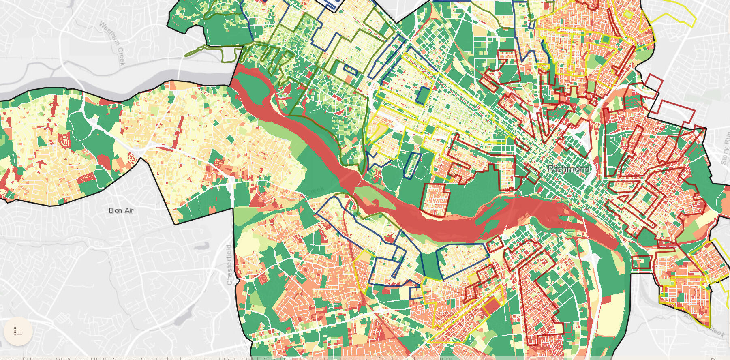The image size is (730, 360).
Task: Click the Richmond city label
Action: point(568,169)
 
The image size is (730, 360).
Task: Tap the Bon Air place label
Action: point(121,210)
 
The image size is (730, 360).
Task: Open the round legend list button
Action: point(18,331)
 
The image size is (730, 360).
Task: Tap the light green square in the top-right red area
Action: point(628,14)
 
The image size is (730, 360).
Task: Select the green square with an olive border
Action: point(606,39)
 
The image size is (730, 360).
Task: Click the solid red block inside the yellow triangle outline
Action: point(492,306)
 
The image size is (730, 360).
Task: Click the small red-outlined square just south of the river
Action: point(495,244)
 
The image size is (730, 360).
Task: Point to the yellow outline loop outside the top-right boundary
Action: point(673,16)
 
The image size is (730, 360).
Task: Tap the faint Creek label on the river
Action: point(315,190)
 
